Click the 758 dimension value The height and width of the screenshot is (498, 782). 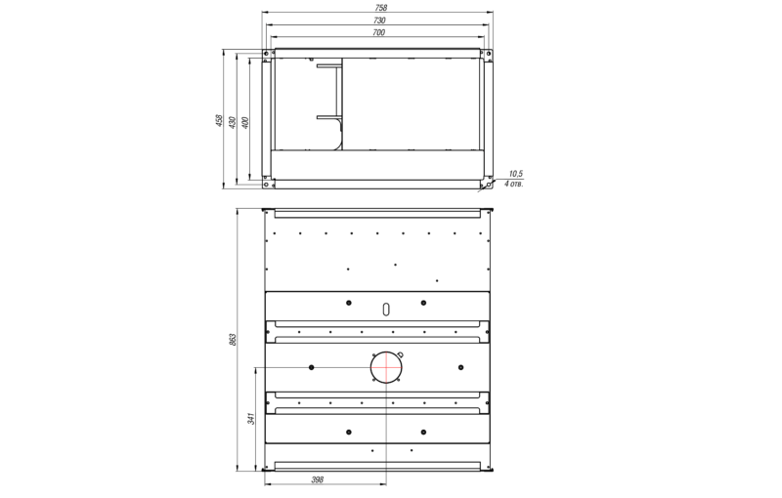[380, 8]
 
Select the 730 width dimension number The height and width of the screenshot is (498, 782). [379, 21]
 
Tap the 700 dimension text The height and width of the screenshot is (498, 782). [379, 32]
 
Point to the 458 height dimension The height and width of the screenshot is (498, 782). [219, 120]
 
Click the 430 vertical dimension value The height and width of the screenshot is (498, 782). [232, 122]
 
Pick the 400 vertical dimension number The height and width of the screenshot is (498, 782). [245, 122]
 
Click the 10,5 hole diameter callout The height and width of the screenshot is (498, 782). [516, 174]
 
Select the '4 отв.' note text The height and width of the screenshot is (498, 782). [514, 184]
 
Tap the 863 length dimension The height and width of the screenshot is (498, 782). [233, 340]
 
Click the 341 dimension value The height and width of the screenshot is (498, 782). [251, 418]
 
